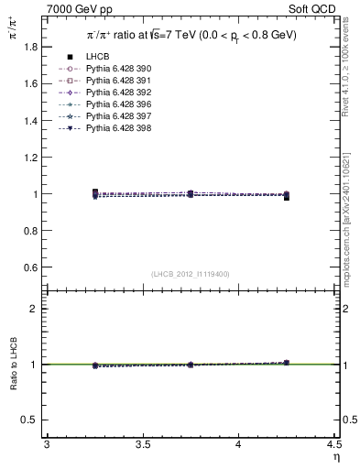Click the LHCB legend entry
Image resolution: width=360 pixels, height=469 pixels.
click(98, 57)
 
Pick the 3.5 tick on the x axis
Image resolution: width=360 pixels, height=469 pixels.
click(142, 444)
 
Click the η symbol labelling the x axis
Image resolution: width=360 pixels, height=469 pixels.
click(335, 456)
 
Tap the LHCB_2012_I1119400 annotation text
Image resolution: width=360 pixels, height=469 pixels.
click(190, 274)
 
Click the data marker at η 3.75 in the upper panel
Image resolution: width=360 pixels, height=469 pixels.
click(190, 194)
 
